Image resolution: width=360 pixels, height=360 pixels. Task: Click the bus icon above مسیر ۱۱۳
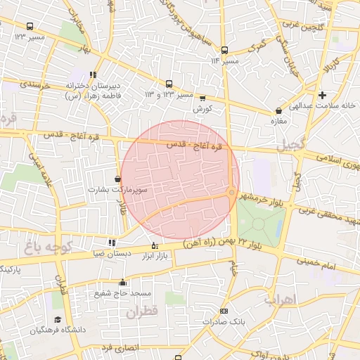(x=224, y=50)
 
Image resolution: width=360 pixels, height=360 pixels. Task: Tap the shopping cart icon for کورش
(x=202, y=98)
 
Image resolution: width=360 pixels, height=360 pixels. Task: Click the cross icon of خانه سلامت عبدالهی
(x=322, y=95)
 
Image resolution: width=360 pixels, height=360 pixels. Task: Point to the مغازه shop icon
(x=280, y=110)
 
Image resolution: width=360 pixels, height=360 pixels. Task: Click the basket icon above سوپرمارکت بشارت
(x=117, y=179)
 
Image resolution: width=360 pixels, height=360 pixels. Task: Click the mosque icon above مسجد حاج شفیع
(x=123, y=282)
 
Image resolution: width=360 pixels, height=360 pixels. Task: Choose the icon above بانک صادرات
(x=224, y=311)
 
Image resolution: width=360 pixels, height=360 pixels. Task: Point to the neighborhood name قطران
(x=144, y=311)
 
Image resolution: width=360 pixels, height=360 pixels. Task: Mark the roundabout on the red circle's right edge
(x=231, y=193)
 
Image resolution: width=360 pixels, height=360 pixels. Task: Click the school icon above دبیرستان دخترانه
(x=94, y=75)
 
